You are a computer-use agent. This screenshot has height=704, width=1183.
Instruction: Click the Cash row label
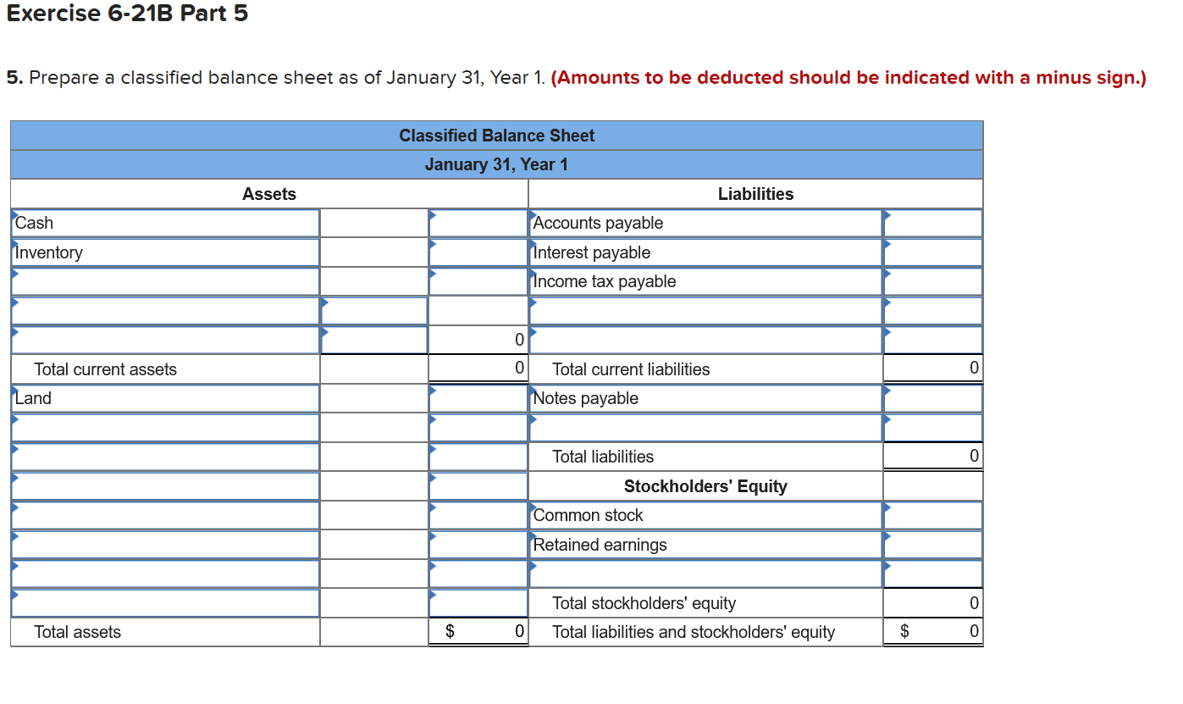pyautogui.click(x=35, y=223)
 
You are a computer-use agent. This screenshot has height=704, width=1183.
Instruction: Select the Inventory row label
pyautogui.click(x=49, y=252)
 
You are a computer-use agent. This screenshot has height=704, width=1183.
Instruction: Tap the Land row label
pyautogui.click(x=34, y=398)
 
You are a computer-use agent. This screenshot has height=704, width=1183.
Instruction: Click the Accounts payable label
pyautogui.click(x=599, y=223)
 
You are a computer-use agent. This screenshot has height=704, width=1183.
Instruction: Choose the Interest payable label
pyautogui.click(x=593, y=252)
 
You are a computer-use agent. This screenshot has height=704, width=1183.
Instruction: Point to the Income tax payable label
pyautogui.click(x=605, y=281)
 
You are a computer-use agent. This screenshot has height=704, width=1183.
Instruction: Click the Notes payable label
pyautogui.click(x=586, y=398)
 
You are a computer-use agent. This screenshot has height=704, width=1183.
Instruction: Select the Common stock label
pyautogui.click(x=589, y=515)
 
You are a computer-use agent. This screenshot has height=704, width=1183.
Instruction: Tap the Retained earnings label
pyautogui.click(x=600, y=545)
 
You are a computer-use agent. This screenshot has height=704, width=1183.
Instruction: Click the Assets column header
pyautogui.click(x=269, y=194)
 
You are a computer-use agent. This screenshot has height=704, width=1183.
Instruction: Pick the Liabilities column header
pyautogui.click(x=755, y=194)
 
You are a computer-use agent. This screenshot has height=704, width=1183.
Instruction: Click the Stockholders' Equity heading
pyautogui.click(x=705, y=486)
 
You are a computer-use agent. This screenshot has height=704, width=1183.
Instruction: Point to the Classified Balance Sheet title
pyautogui.click(x=496, y=136)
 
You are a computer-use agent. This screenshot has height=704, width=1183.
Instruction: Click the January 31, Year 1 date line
pyautogui.click(x=496, y=164)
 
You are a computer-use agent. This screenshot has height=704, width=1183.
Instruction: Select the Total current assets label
pyautogui.click(x=106, y=369)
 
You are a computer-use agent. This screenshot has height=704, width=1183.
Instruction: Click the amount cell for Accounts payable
pyautogui.click(x=932, y=223)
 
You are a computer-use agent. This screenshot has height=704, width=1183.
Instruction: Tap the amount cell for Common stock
pyautogui.click(x=932, y=515)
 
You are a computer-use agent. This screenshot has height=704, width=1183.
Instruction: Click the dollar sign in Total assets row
pyautogui.click(x=451, y=632)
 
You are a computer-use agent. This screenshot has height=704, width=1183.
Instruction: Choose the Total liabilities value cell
pyautogui.click(x=932, y=457)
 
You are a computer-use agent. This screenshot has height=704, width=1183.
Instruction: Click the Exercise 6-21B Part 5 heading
pyautogui.click(x=127, y=14)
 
